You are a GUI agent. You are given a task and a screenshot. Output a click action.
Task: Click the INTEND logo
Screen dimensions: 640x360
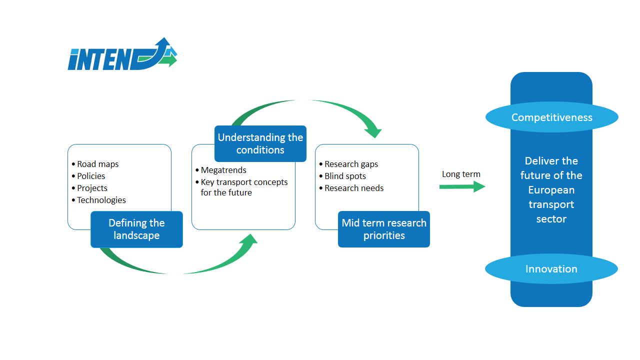pos(122,54)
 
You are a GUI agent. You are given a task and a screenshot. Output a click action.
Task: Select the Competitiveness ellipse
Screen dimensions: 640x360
pos(551,117)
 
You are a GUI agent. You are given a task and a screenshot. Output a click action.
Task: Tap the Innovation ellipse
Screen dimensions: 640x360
pos(551,269)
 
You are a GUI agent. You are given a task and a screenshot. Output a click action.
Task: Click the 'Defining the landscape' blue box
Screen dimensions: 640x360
pos(136,229)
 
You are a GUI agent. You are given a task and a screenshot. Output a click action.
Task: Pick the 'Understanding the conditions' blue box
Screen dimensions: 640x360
pos(260,143)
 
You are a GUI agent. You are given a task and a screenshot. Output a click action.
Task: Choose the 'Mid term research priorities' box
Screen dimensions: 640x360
pos(384,229)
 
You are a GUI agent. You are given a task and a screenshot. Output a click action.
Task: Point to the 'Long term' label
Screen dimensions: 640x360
pos(461,174)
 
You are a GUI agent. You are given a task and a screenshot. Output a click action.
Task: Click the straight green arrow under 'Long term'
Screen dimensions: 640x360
pos(462,187)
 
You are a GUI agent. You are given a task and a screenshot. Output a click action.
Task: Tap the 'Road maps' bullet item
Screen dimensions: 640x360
pos(95,164)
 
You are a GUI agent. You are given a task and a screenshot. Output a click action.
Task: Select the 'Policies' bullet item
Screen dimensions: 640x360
pos(88,176)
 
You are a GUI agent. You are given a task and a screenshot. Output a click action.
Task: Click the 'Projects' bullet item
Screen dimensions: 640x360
pos(89,188)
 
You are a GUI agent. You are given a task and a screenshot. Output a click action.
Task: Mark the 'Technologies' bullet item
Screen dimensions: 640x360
pos(99,200)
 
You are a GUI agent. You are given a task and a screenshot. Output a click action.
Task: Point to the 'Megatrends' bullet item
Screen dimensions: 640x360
pos(221,170)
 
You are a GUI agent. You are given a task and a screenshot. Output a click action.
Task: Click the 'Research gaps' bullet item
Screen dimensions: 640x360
pos(348,164)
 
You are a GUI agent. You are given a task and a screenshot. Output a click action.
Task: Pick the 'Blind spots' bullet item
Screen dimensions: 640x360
pos(342,176)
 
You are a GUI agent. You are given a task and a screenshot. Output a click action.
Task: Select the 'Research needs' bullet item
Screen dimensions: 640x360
pos(351,188)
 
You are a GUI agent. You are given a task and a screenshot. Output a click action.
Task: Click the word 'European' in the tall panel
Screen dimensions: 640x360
pos(551,190)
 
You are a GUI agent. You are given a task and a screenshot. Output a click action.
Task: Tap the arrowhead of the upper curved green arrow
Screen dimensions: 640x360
pos(373,132)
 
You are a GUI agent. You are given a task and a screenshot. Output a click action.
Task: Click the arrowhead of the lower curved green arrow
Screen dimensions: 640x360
pos(249,240)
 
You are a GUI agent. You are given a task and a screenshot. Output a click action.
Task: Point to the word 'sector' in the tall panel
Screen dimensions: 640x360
pos(551,219)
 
